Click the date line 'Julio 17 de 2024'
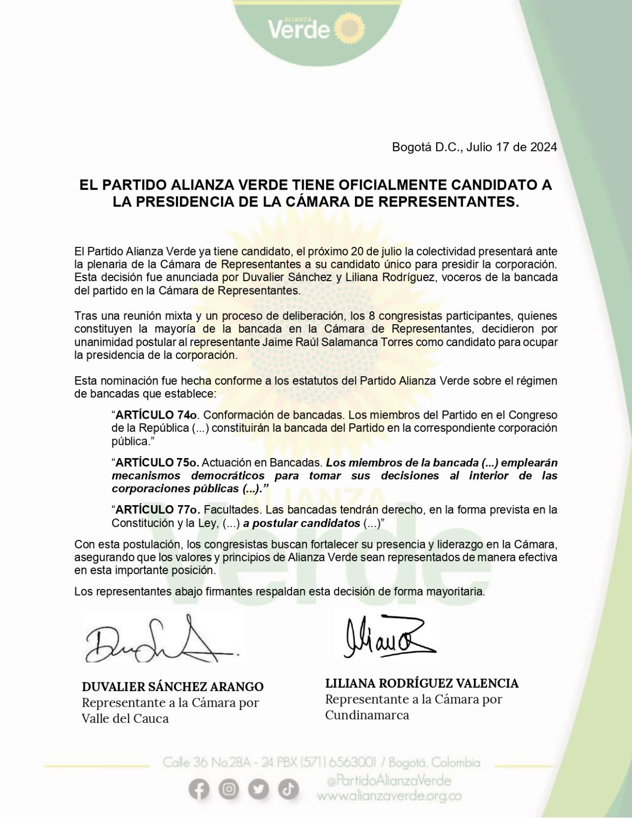(511, 147)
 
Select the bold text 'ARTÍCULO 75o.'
(157, 463)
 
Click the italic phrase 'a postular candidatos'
(302, 523)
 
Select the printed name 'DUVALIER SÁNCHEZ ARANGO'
(173, 687)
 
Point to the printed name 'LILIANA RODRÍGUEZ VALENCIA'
(422, 684)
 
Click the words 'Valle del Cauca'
(125, 718)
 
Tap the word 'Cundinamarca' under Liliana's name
(367, 715)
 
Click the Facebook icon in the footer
(199, 790)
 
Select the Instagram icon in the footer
(229, 790)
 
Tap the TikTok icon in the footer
(288, 790)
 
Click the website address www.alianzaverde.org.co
(389, 796)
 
